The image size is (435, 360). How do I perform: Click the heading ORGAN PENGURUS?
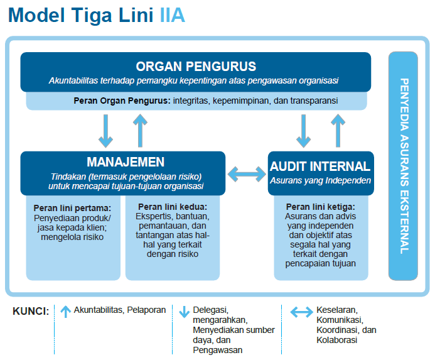tap(196, 67)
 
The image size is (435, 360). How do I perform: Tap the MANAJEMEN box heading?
tap(126, 162)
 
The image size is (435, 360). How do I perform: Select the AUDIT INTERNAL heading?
tap(320, 166)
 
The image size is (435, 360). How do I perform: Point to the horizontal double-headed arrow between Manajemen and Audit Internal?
tap(246, 173)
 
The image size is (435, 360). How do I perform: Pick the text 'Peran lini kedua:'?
tap(172, 207)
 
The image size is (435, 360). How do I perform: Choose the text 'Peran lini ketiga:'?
tap(320, 207)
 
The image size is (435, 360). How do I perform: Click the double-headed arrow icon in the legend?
tap(302, 311)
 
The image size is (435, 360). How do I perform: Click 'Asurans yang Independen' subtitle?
tap(320, 180)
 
